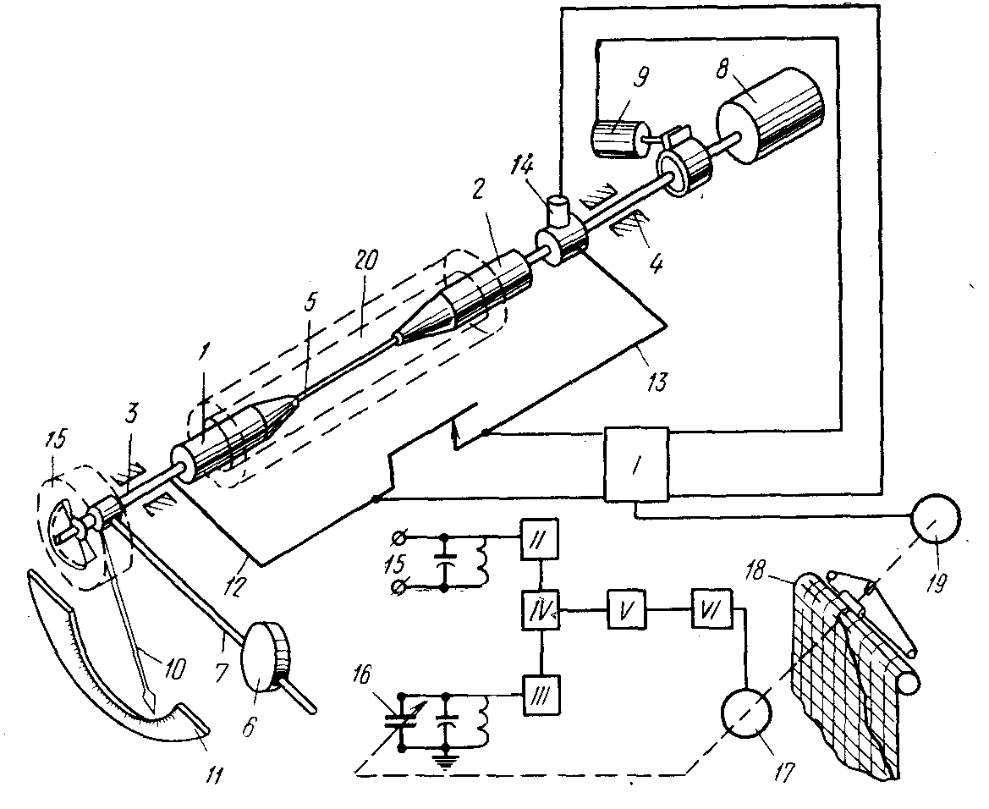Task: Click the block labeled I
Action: point(636,464)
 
